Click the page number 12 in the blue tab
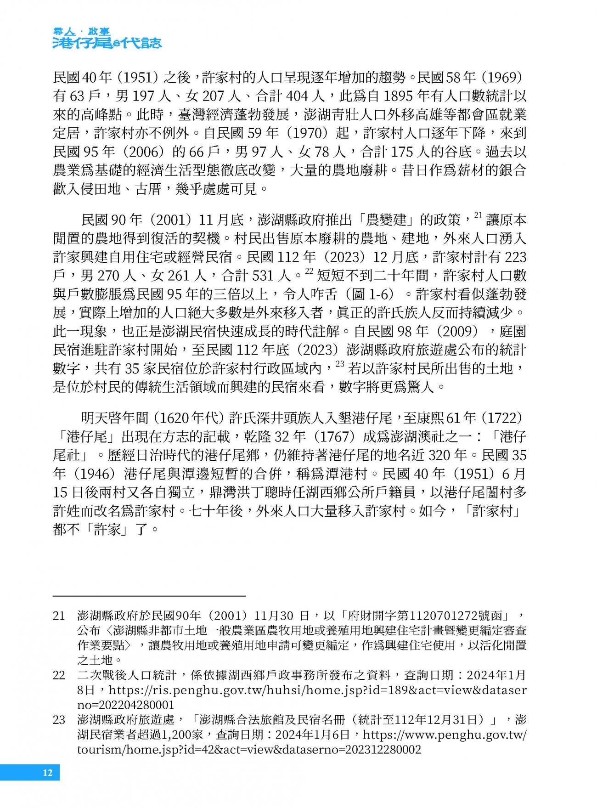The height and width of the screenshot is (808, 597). tap(48, 772)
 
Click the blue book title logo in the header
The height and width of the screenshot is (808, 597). tap(107, 39)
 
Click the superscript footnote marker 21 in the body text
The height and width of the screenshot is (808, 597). tap(478, 215)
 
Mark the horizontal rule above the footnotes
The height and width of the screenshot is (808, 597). tap(149, 596)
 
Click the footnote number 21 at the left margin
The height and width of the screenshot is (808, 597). tap(59, 616)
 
